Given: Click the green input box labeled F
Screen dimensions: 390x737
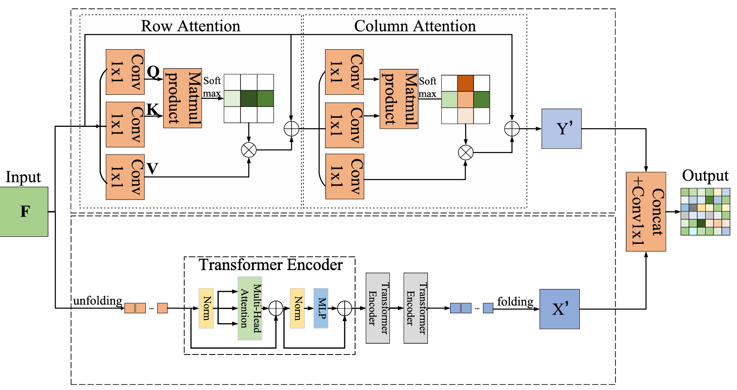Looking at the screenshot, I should click(24, 211).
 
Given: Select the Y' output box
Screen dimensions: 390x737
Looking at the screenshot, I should click(561, 129).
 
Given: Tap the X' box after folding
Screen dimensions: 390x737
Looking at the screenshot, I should click(559, 309).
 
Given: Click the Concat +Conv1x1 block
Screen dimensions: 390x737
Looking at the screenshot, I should click(645, 211).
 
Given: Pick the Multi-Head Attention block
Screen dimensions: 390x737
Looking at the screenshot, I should click(250, 308).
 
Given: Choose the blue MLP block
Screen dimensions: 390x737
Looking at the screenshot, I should click(321, 308).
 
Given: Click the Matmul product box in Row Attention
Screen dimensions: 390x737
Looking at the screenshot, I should click(182, 98).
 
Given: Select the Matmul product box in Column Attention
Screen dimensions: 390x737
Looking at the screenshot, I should click(399, 99).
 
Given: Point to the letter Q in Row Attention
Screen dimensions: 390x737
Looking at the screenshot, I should click(153, 72).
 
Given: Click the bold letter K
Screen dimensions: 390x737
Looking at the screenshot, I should click(152, 109).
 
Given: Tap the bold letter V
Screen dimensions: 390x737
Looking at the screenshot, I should click(152, 169).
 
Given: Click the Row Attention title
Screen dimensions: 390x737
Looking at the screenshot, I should click(191, 26).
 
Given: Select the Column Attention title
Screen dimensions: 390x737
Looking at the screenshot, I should click(415, 26).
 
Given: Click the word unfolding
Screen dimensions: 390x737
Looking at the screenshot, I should click(98, 301).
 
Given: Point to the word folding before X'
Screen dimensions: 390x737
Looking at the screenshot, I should click(515, 301).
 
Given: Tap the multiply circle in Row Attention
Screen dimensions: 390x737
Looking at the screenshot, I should click(249, 150).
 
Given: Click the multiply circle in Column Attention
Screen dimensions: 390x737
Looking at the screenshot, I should click(466, 152).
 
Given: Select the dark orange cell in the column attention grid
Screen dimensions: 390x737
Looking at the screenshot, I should click(466, 83).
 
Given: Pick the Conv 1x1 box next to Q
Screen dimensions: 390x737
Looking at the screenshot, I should click(125, 72).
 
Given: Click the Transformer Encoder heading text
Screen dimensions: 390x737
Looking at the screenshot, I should click(271, 265).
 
